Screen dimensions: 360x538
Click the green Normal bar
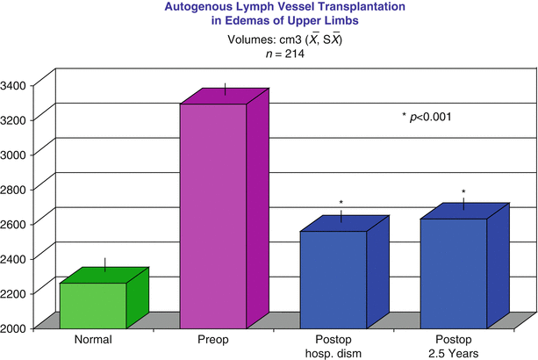92,304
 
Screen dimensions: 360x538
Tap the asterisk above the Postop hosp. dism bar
341,203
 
